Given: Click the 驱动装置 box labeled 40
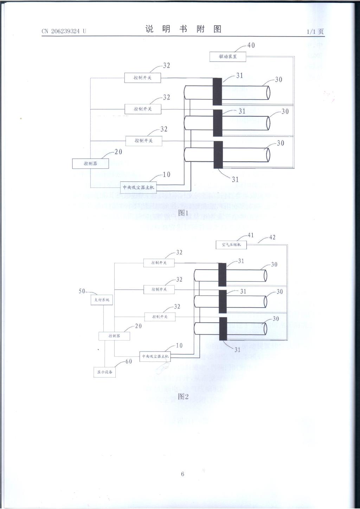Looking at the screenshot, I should pos(227,57).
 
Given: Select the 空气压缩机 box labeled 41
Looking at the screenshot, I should pos(231,245).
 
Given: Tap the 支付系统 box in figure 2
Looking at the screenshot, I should pos(102,300).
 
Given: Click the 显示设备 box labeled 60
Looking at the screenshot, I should pos(104,372).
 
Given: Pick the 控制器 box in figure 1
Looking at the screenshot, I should pos(90,163).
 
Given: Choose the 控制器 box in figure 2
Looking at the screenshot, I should pos(114,336).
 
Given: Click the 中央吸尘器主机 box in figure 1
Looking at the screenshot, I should pos(139,187).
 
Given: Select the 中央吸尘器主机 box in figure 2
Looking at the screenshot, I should pos(155,356).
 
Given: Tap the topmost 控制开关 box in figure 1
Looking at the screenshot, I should pos(142,78).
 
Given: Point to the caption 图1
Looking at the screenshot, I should pos(183,213).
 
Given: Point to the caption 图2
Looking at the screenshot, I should pos(183,397).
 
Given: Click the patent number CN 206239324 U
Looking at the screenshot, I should pos(64,31).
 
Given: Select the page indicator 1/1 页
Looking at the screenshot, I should pos(315,31).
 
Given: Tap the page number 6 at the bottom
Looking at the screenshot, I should pos(182,474).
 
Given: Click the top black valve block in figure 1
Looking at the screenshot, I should pos(217,91).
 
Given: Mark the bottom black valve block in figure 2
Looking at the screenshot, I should pos(223,329).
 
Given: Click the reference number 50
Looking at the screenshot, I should pos(82,291).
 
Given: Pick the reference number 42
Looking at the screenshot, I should pos(272,238).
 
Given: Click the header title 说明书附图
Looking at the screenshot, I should pos(183,29).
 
